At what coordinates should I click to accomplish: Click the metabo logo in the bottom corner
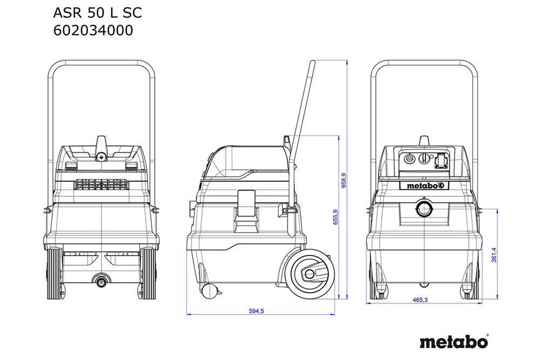tap(454, 342)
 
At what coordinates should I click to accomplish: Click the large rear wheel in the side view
tap(309, 274)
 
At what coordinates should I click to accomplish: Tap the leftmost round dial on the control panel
tap(408, 160)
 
